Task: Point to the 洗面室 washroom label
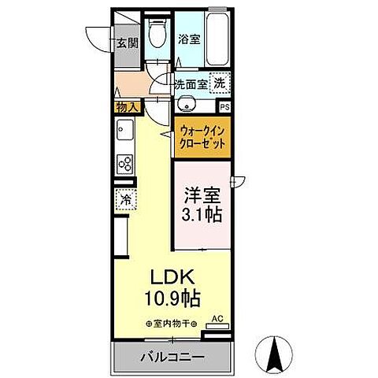tap(190, 82)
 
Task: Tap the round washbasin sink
tap(187, 103)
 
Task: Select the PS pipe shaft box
tap(225, 107)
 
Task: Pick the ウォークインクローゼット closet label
tap(202, 139)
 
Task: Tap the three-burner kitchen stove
tap(124, 163)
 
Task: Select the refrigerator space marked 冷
tap(124, 200)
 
